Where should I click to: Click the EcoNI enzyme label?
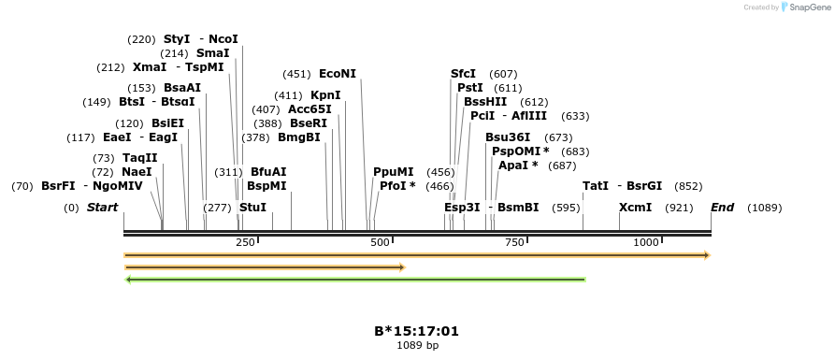(x=338, y=74)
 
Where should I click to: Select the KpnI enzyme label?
(x=325, y=95)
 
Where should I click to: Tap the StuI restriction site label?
(x=252, y=207)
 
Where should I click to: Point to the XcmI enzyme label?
(x=635, y=207)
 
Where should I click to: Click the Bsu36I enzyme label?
(x=508, y=137)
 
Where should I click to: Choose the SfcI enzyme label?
(x=463, y=74)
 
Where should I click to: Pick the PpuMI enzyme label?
(x=393, y=172)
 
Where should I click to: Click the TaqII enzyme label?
(x=139, y=158)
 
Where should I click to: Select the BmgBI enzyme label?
(x=299, y=137)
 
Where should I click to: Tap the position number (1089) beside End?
(x=764, y=208)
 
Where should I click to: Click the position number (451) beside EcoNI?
(x=296, y=74)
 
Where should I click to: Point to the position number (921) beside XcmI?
(x=678, y=208)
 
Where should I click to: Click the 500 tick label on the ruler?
(x=380, y=242)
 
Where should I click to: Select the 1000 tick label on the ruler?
(x=646, y=242)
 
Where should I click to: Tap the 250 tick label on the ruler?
(x=246, y=242)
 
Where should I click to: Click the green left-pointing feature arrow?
(x=355, y=279)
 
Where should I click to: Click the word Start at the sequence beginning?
(x=103, y=207)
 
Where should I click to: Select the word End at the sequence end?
(x=722, y=207)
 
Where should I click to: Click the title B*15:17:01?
(x=417, y=331)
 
